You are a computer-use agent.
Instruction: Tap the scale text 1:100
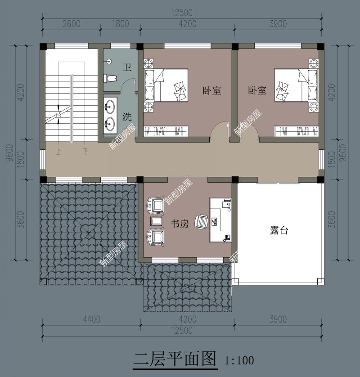(x=239, y=360)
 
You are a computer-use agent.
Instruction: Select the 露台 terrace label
(x=279, y=231)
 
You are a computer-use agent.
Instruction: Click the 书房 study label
(x=179, y=224)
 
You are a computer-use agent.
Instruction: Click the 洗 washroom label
(x=127, y=117)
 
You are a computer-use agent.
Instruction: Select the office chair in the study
(x=202, y=221)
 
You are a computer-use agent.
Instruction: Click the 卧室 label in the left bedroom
(x=211, y=90)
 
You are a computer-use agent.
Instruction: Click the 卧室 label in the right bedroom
(x=257, y=90)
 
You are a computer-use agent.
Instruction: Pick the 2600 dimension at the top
(x=71, y=24)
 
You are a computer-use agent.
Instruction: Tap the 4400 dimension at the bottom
(x=91, y=320)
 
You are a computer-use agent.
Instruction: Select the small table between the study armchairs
(x=156, y=221)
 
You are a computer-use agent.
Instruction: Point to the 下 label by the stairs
(x=85, y=152)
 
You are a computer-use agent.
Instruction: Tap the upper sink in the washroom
(x=109, y=107)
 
